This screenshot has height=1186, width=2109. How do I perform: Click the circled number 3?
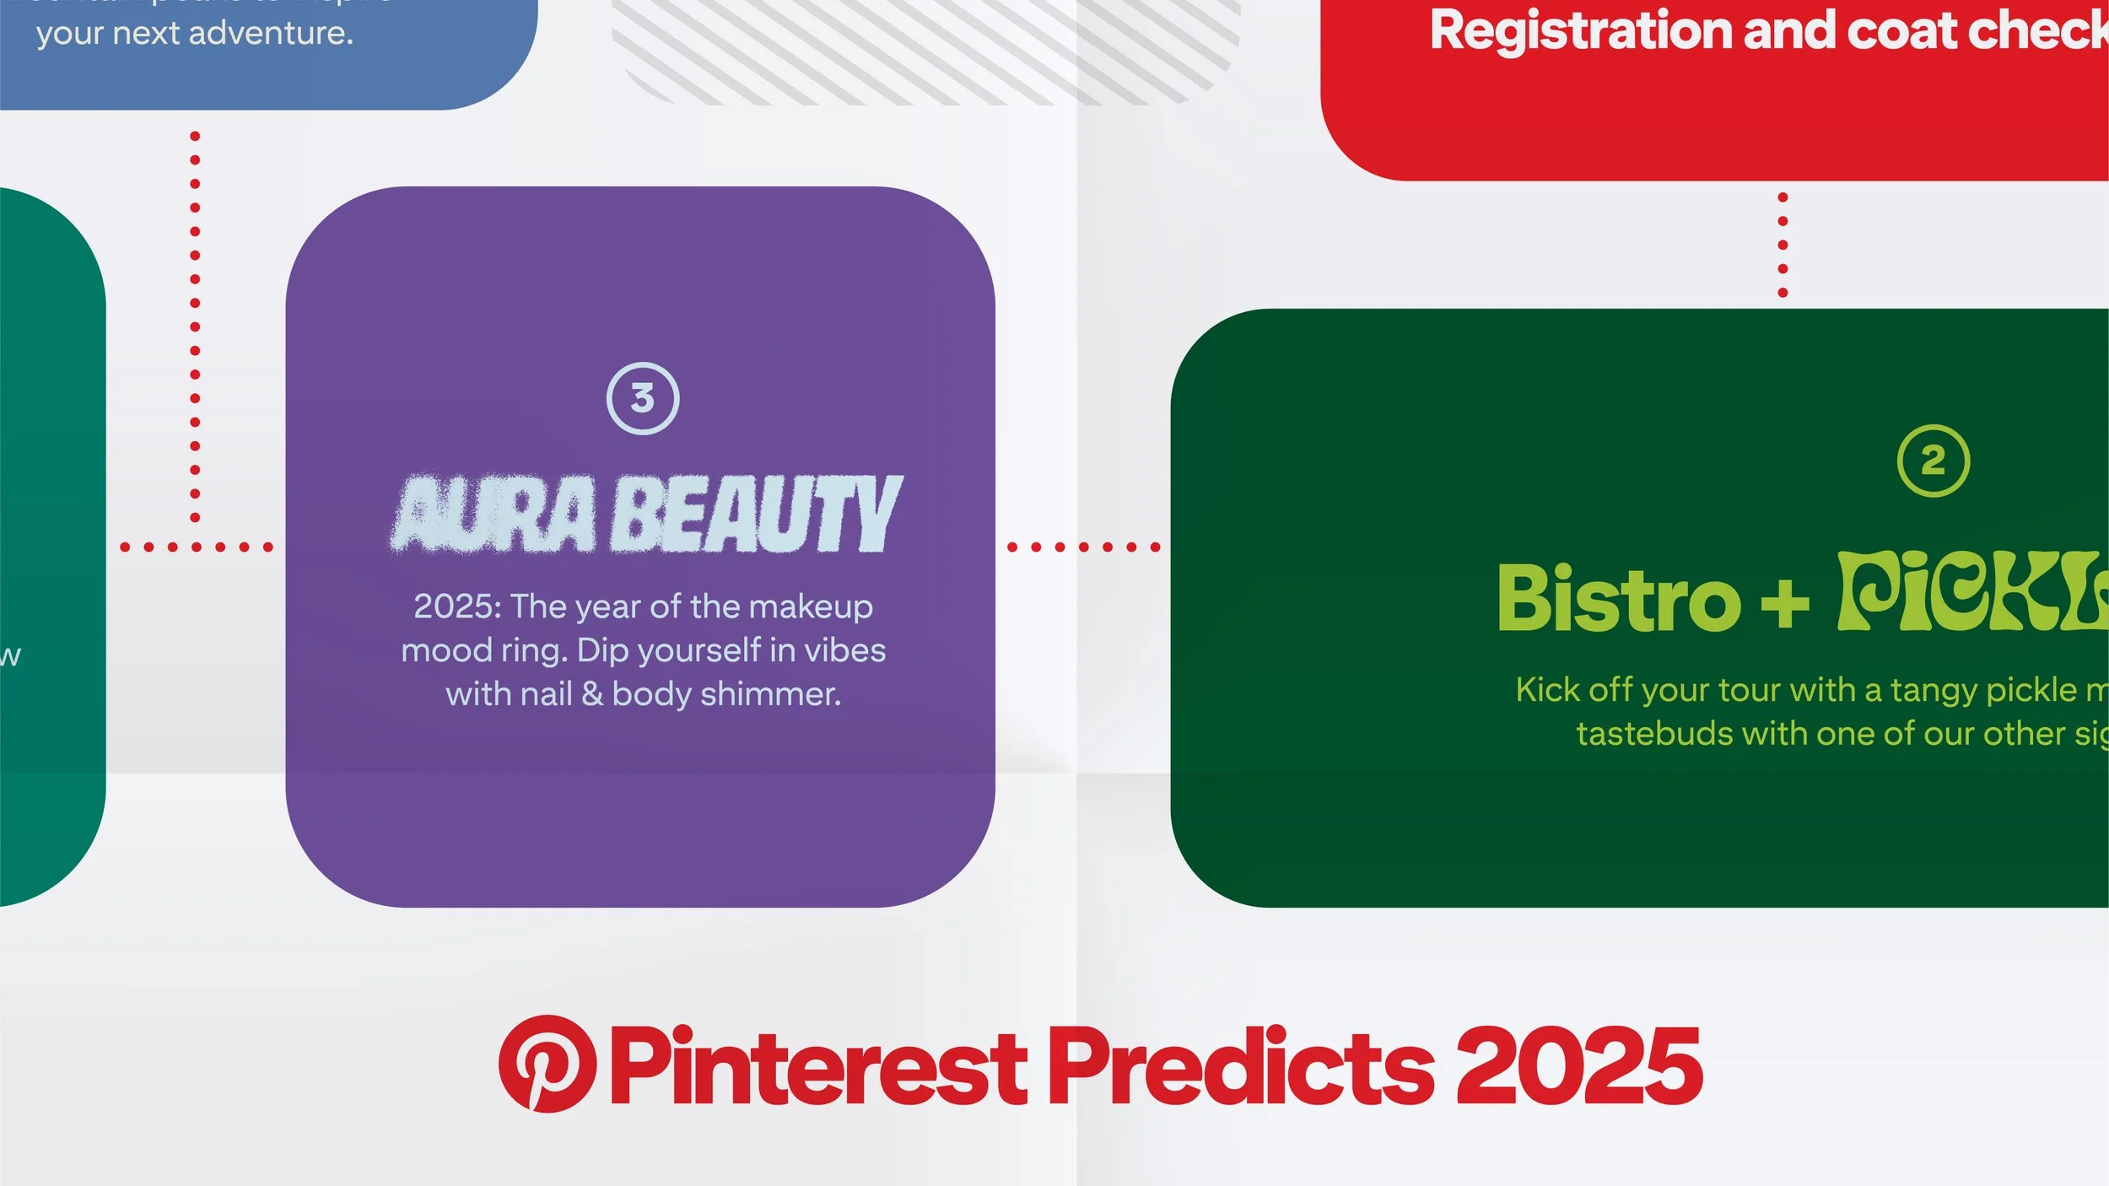(643, 398)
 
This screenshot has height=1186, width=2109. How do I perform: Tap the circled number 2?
(1934, 461)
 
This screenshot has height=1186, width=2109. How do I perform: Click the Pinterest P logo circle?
(547, 1064)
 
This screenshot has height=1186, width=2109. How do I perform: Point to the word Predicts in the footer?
(1241, 1067)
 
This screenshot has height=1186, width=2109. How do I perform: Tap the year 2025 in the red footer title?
(1578, 1067)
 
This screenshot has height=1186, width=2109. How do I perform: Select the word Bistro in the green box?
(1618, 599)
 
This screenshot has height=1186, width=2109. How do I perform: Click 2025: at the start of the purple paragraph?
(457, 606)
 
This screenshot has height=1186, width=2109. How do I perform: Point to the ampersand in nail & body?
(592, 694)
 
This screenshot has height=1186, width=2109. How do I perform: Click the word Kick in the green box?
(1547, 690)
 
